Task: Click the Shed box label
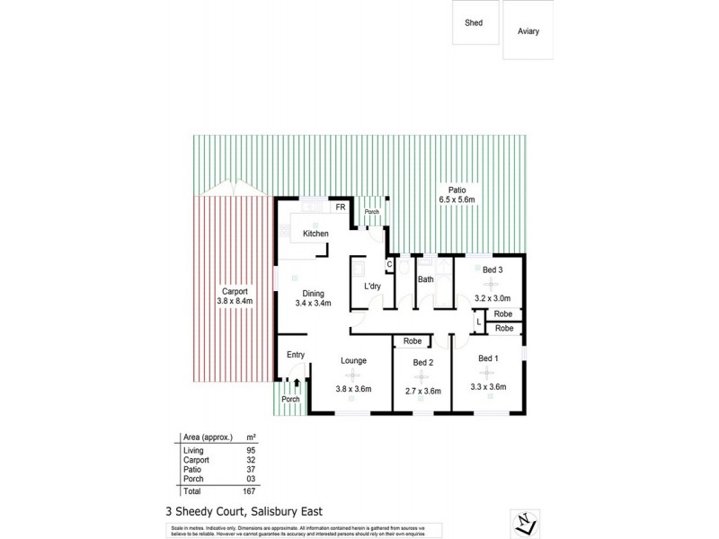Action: pos(473,23)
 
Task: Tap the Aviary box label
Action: pos(528,31)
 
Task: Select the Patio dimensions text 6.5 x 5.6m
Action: pos(457,199)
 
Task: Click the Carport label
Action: pos(235,291)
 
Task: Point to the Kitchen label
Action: pos(315,234)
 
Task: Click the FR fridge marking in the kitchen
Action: pos(341,208)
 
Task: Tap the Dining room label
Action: pos(314,293)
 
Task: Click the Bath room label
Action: pos(425,280)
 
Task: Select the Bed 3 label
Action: pos(492,269)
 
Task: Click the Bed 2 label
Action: pos(423,362)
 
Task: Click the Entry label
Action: pos(296,355)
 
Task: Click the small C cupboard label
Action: pos(389,264)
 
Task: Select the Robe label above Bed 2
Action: pos(413,341)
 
